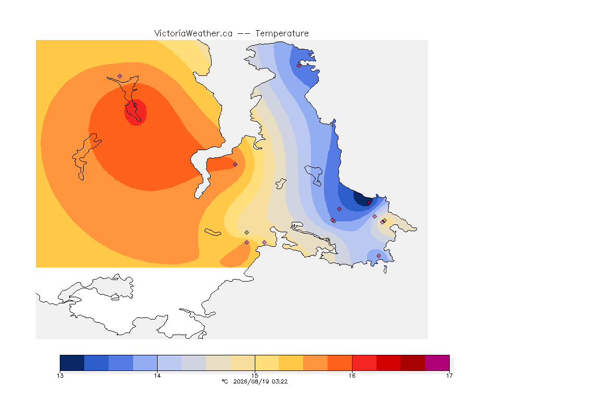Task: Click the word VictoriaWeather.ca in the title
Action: (x=193, y=34)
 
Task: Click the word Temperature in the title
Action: (x=282, y=34)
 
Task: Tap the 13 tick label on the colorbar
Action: (x=60, y=376)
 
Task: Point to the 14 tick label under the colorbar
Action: (x=158, y=376)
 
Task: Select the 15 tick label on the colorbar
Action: (x=255, y=376)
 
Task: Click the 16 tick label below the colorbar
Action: (x=352, y=376)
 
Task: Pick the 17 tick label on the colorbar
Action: (x=449, y=376)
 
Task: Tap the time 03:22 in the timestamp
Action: (x=280, y=381)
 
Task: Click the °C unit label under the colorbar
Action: (x=225, y=381)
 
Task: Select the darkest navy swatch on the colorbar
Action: (x=72, y=363)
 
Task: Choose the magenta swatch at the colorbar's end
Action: (x=437, y=363)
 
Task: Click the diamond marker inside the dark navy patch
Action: (x=369, y=203)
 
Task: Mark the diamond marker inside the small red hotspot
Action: (x=135, y=105)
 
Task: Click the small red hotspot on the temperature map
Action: (x=136, y=112)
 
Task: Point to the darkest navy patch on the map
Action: (x=362, y=198)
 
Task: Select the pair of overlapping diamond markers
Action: (x=384, y=221)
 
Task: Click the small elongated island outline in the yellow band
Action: (x=213, y=232)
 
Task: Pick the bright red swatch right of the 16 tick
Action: (x=364, y=363)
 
